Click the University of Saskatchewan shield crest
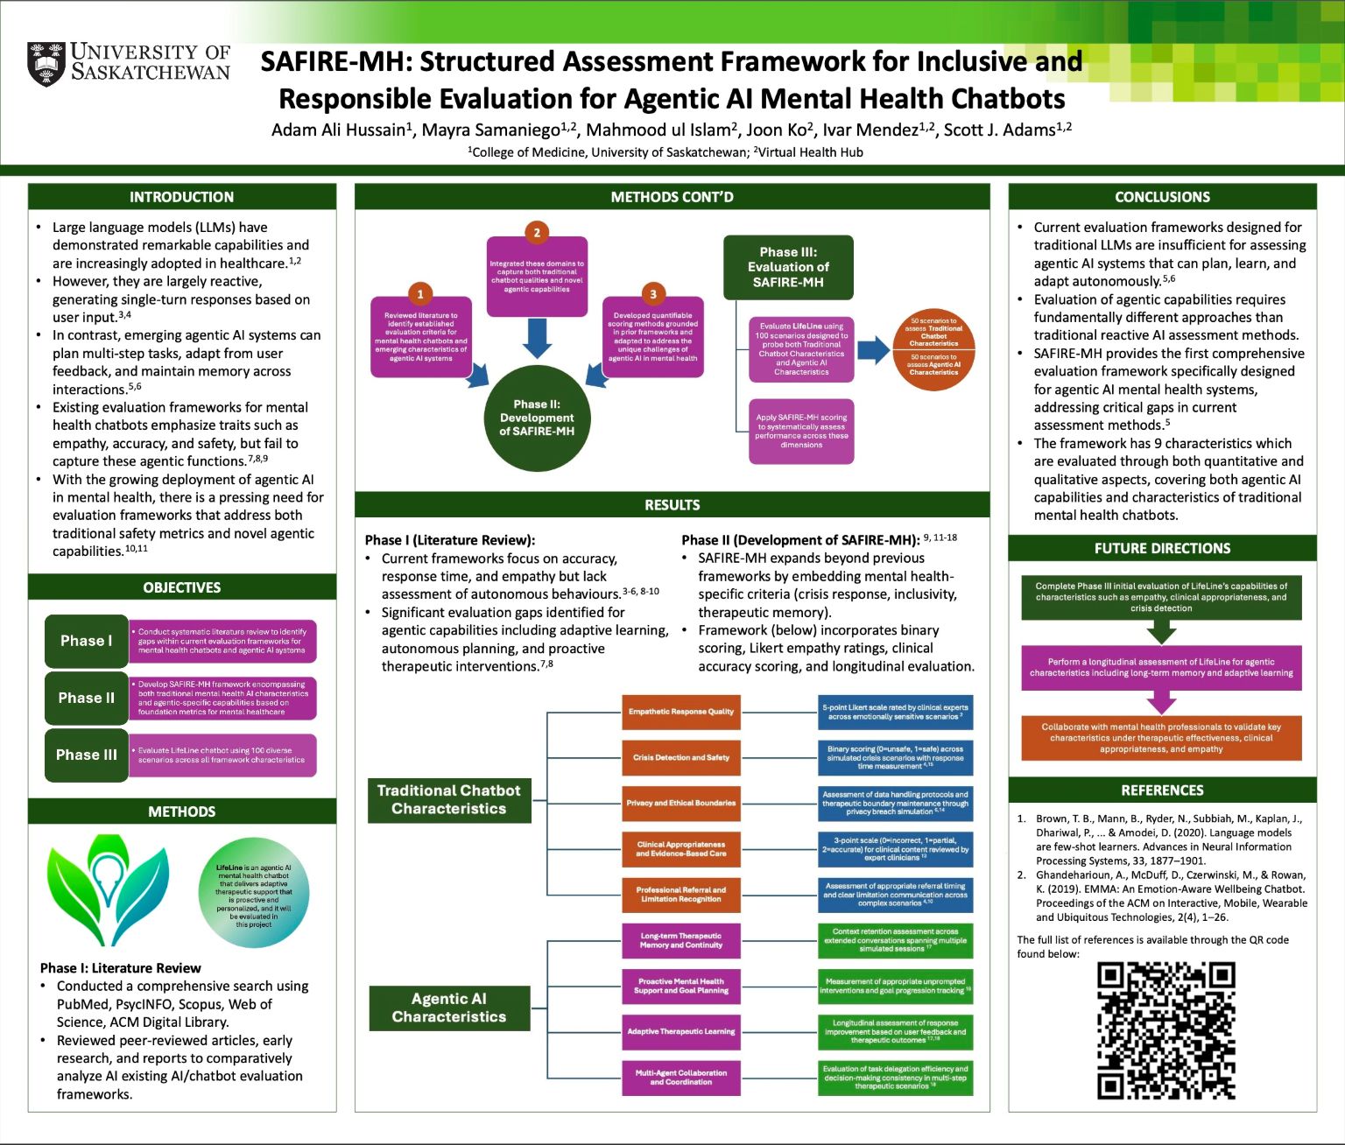click(x=46, y=64)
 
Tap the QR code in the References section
click(x=1165, y=1030)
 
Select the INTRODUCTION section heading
click(x=181, y=197)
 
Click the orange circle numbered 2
click(x=537, y=232)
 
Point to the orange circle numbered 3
click(x=652, y=294)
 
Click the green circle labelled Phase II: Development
click(x=537, y=418)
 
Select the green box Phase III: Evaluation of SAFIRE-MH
click(x=788, y=267)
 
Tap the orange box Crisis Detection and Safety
click(x=680, y=757)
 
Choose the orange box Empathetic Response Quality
click(x=680, y=712)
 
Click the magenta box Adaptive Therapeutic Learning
click(x=680, y=1031)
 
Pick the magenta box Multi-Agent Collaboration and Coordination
click(x=680, y=1077)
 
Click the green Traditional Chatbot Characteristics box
click(x=448, y=799)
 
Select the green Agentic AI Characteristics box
click(x=448, y=1008)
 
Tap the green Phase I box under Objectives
click(x=86, y=641)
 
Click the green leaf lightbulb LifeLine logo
click(x=107, y=889)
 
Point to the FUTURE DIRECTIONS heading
click(x=1162, y=548)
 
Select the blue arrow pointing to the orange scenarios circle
click(x=873, y=351)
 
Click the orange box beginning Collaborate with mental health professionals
click(x=1161, y=738)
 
